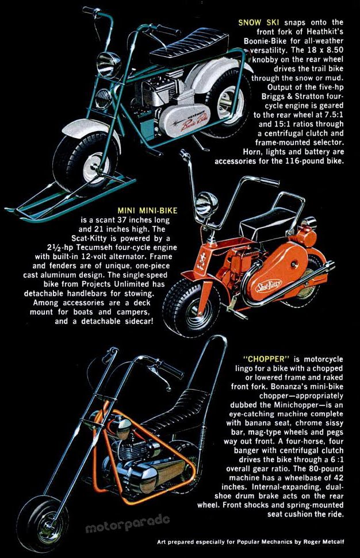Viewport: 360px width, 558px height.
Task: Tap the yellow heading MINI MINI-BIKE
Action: coord(147,210)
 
